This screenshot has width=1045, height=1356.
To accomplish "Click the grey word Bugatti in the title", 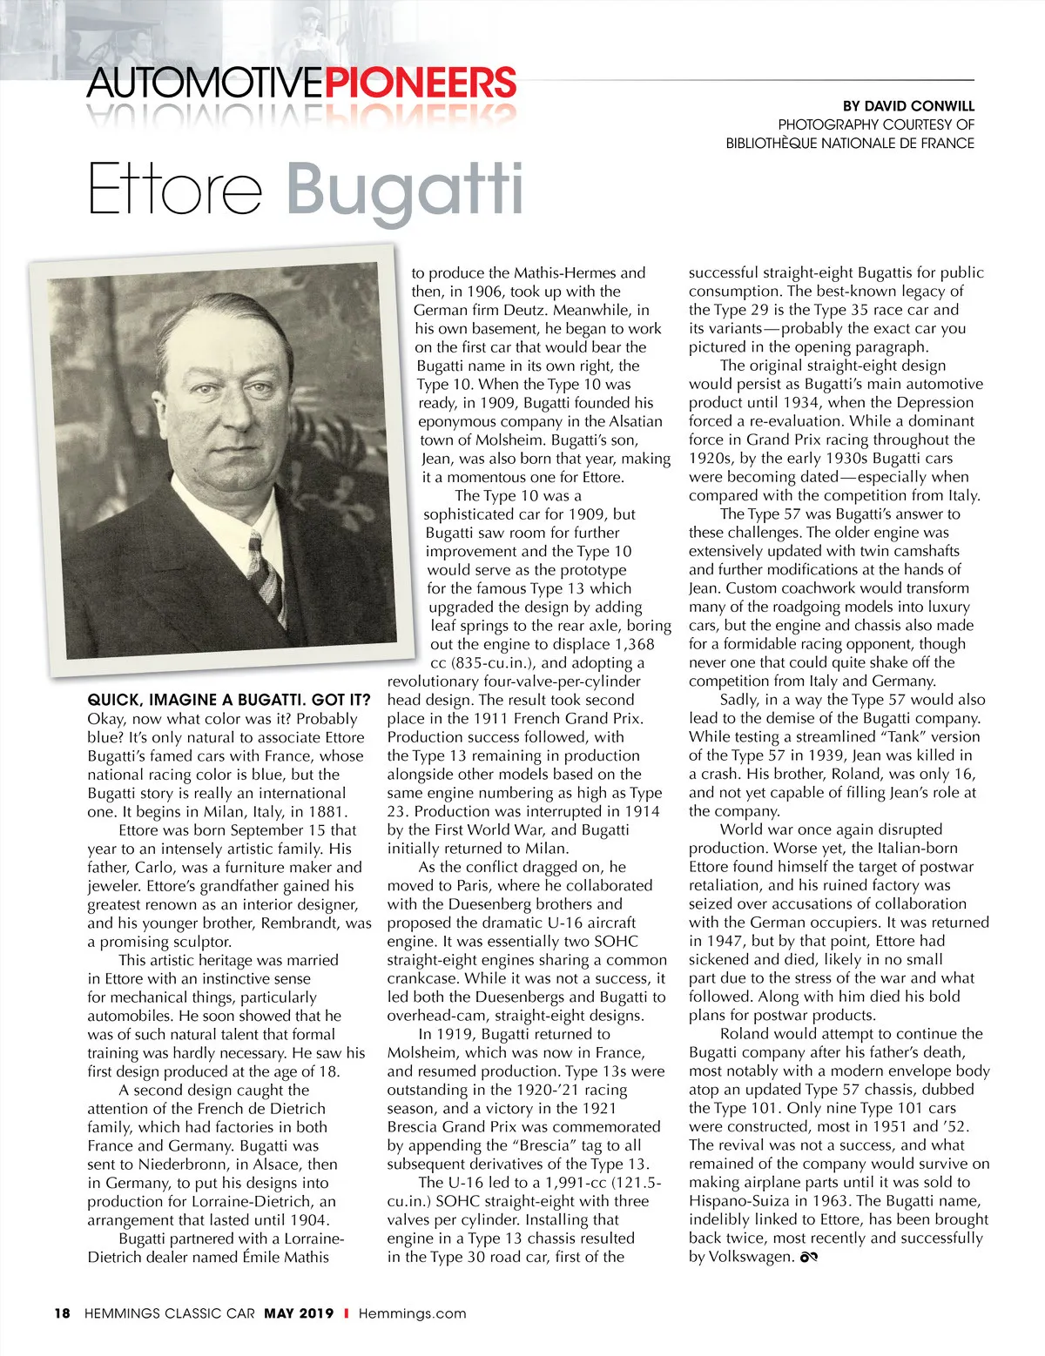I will (405, 189).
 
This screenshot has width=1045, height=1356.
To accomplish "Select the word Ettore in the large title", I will (175, 189).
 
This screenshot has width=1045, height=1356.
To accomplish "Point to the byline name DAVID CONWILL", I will (919, 106).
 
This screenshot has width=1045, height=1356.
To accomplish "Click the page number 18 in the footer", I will (62, 1313).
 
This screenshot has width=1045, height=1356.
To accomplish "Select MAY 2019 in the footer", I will (299, 1313).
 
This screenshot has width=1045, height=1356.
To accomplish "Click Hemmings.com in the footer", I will (412, 1313).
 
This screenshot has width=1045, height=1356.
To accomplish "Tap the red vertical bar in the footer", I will (347, 1313).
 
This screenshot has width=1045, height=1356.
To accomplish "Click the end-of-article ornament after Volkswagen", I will (809, 1257).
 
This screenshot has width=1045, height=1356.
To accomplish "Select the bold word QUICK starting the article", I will (116, 701).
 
